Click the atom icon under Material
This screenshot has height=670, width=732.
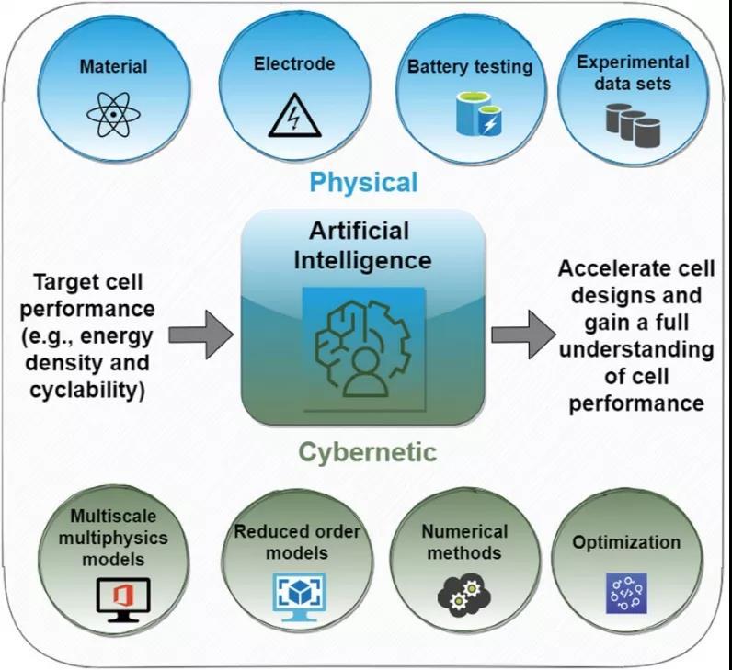point(113,115)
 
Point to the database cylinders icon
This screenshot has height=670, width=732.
point(634,125)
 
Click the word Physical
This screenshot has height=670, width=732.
point(363,183)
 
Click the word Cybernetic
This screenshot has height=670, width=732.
point(367,452)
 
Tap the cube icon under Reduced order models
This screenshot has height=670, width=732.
point(297,592)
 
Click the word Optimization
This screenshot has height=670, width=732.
point(626,542)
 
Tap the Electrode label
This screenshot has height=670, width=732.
point(294,64)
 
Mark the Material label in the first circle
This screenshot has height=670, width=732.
point(113,66)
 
